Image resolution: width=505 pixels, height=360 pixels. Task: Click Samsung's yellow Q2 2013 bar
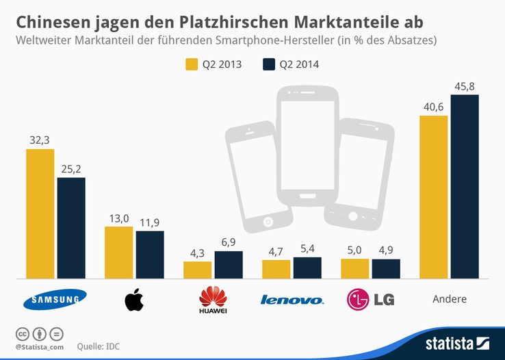coord(40,214)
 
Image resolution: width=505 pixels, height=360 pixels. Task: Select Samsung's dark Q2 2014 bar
coord(71,228)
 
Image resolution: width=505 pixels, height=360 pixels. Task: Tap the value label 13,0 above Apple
coord(118,218)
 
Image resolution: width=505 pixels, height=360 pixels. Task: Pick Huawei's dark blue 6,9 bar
coord(229,265)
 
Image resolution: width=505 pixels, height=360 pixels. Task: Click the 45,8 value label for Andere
coord(465,86)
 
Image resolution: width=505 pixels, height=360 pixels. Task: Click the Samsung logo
coord(55,299)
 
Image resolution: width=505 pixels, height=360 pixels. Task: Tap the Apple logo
coord(134,300)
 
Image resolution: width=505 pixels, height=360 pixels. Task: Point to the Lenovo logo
coord(292,300)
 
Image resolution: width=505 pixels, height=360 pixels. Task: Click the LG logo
coord(370,299)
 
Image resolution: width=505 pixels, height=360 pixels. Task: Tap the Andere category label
coord(450,299)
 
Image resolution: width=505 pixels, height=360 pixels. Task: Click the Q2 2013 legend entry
coord(213,65)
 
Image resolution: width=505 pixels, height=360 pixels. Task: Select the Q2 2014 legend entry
coord(291,65)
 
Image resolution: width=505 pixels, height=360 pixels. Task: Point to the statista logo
coord(455,342)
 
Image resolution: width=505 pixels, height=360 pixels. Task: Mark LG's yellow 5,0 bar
coord(354,269)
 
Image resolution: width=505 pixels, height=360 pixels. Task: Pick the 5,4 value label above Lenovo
coord(307,249)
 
